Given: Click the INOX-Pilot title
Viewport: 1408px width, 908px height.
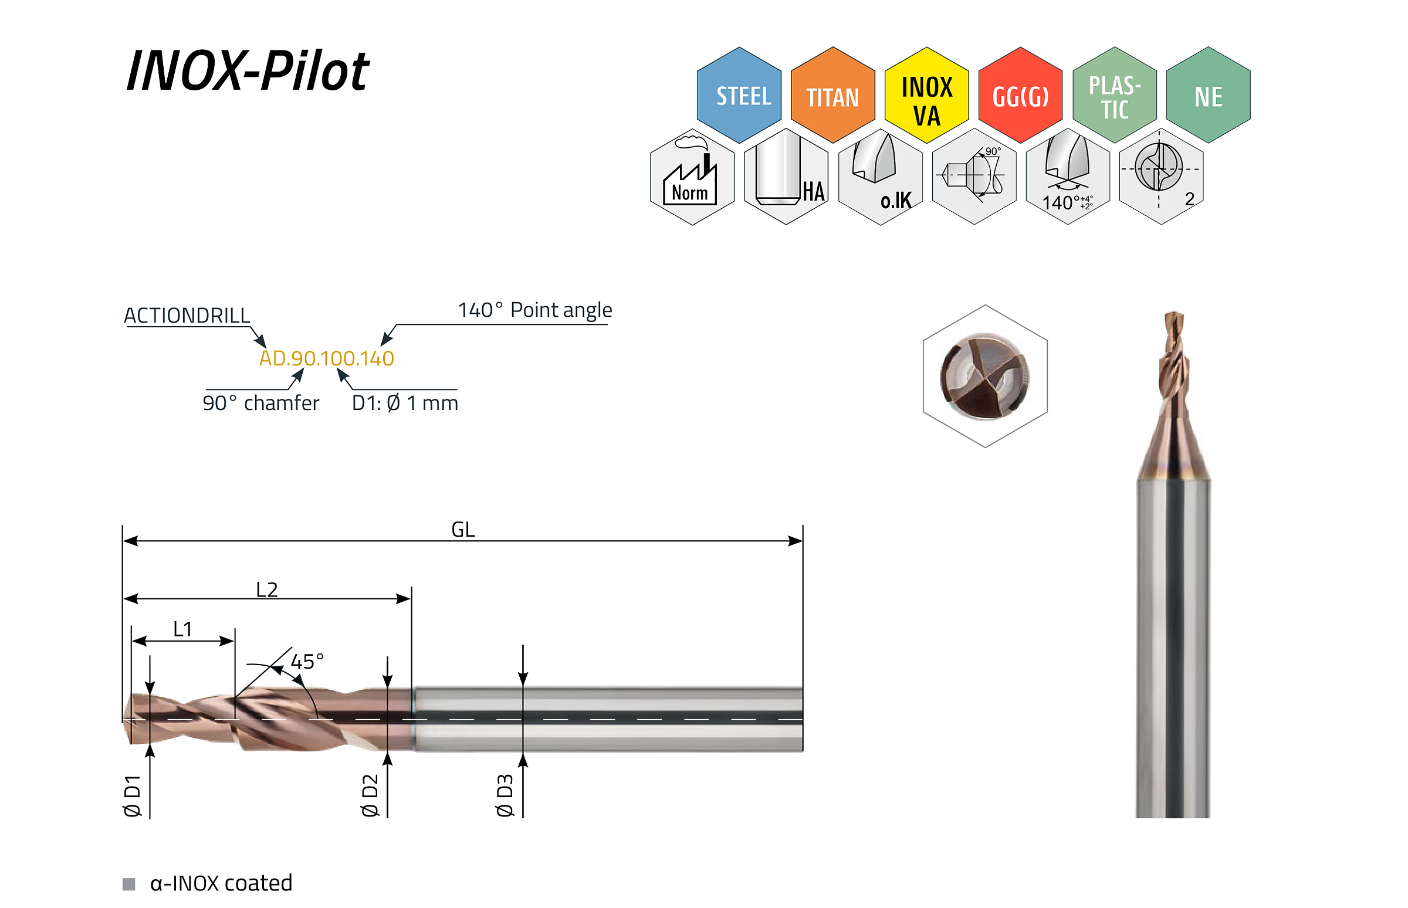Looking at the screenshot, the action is pyautogui.click(x=248, y=72).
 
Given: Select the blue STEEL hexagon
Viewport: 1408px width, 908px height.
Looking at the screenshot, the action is pyautogui.click(x=739, y=95).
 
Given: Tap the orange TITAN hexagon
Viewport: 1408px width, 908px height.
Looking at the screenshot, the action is pyautogui.click(x=832, y=95).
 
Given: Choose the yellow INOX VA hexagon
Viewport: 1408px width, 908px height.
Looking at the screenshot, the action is pyautogui.click(x=926, y=95).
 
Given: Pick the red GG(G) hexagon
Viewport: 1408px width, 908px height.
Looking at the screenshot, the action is pyautogui.click(x=1020, y=95).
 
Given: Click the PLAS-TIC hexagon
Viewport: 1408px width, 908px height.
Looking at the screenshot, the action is pyautogui.click(x=1114, y=95).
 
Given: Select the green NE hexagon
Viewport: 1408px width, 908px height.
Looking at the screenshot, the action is pyautogui.click(x=1208, y=95).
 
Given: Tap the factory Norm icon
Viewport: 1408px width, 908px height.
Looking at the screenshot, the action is pyautogui.click(x=692, y=177).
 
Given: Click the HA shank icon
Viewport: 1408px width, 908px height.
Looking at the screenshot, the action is pyautogui.click(x=786, y=177).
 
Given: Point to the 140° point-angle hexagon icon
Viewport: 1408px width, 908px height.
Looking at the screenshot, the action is pyautogui.click(x=1067, y=177).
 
